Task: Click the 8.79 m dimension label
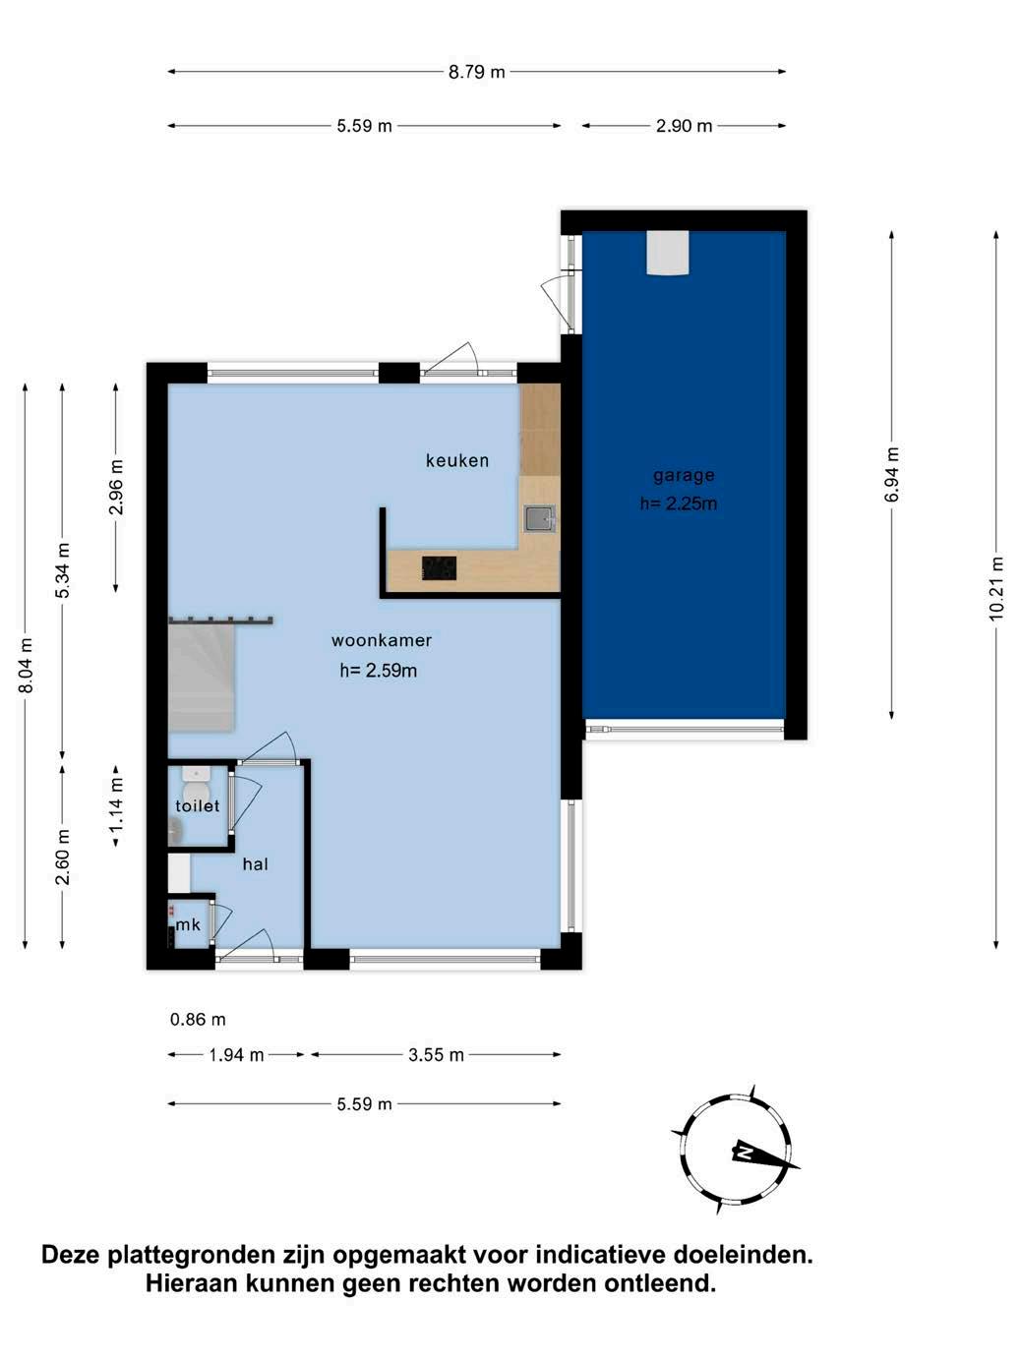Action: [476, 72]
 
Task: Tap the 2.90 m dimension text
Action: [684, 126]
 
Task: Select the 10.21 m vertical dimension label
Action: [995, 588]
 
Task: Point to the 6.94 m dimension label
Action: [892, 474]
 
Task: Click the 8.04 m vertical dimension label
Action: [26, 666]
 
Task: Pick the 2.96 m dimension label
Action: [116, 487]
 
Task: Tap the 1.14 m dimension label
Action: [116, 805]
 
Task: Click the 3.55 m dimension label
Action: [436, 1055]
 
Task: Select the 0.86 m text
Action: [198, 1020]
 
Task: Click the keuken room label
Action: [456, 460]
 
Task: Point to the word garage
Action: [684, 476]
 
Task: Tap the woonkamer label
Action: [382, 640]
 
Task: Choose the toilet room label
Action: [197, 805]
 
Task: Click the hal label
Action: [255, 863]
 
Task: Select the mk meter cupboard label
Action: [188, 924]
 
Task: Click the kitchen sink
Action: [540, 519]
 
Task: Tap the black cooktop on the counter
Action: [439, 568]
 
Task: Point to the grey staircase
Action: [202, 678]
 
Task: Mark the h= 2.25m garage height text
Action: [678, 503]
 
